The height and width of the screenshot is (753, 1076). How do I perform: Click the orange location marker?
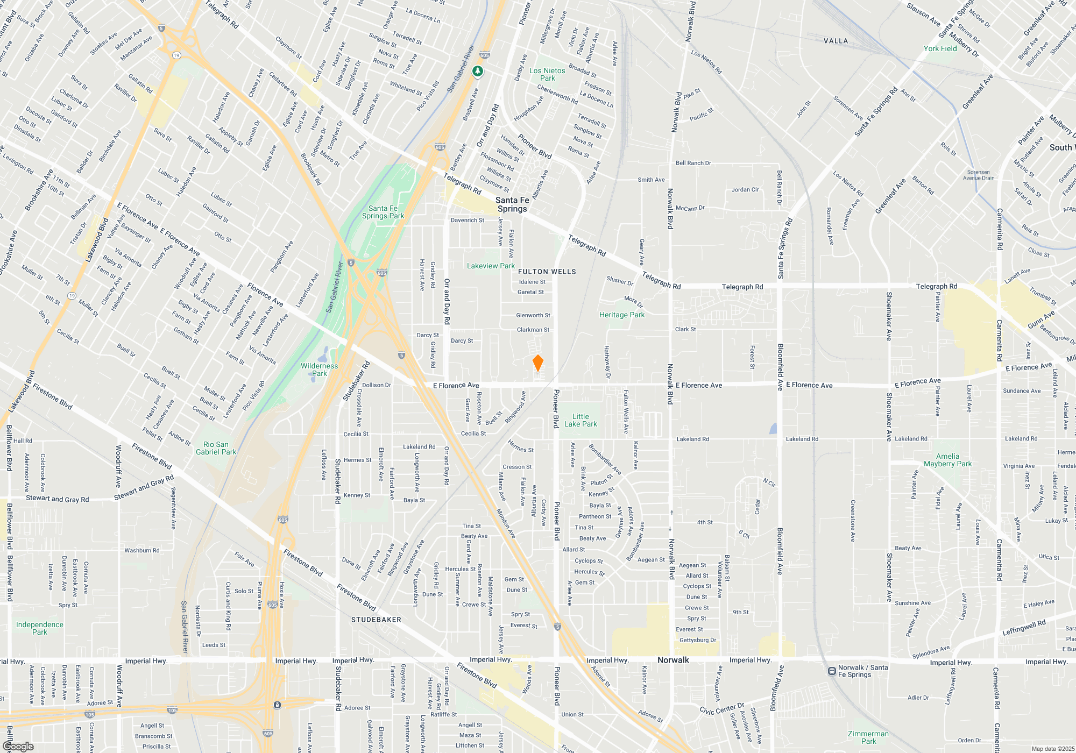(537, 363)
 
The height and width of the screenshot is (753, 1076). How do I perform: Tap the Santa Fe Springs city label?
(512, 204)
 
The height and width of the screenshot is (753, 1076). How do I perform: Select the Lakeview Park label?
(491, 266)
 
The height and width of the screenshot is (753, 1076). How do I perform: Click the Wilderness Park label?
(319, 370)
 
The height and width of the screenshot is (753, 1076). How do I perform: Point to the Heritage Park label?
(622, 315)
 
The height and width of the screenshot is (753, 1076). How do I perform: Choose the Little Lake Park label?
(581, 420)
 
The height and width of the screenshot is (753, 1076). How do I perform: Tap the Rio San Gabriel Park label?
(216, 448)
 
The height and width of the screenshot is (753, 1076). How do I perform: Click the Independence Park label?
(40, 628)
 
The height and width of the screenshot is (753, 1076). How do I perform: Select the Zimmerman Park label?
(868, 737)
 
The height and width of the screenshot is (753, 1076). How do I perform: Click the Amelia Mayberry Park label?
(947, 460)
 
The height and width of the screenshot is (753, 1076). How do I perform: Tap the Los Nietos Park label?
(547, 74)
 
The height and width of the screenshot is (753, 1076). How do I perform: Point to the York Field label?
(940, 48)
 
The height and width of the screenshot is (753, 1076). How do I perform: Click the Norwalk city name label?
(673, 660)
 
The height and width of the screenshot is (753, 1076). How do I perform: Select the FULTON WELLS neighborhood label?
(548, 272)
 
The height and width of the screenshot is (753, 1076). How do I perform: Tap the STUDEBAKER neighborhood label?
(376, 620)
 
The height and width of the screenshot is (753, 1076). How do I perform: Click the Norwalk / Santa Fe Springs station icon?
(832, 671)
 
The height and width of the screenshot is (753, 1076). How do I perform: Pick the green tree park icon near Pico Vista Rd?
(477, 71)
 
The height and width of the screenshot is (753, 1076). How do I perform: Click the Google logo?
(18, 747)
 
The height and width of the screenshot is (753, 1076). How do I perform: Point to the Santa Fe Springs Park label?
(383, 212)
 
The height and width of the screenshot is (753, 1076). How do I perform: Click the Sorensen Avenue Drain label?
(979, 175)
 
